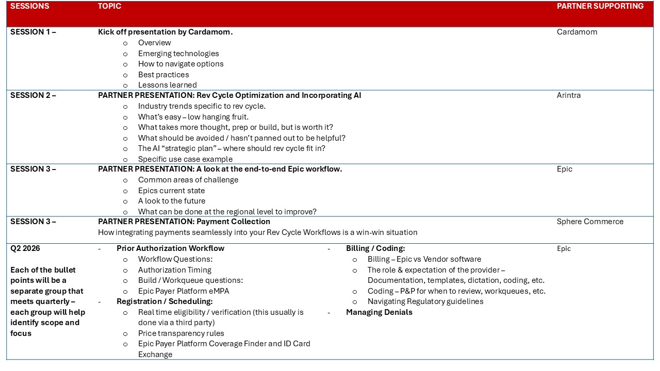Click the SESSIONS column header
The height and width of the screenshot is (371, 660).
(30, 6)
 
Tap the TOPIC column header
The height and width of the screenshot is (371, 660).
(110, 6)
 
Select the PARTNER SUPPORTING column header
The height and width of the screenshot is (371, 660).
(600, 6)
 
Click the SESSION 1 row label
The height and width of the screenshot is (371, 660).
(33, 32)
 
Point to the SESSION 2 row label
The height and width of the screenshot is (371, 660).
(33, 95)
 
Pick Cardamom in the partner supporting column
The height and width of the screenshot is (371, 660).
(577, 32)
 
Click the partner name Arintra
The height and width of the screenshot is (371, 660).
(569, 95)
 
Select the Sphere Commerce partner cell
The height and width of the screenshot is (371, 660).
(590, 222)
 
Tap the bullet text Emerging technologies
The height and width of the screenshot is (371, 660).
(178, 54)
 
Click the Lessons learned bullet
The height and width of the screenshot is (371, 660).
(168, 85)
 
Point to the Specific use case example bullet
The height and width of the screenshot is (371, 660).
(185, 159)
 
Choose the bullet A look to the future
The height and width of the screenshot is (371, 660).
(172, 201)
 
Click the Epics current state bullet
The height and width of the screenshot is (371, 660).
(171, 191)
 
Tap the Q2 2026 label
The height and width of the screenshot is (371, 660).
(25, 248)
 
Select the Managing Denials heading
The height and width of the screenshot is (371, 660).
(379, 312)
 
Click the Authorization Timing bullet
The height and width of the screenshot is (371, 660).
(175, 270)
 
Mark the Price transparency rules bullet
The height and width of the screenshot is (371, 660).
(181, 333)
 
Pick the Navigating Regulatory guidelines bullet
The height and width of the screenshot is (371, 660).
(425, 301)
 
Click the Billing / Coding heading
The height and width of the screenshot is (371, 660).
(375, 248)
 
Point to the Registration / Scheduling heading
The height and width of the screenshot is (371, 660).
(164, 301)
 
